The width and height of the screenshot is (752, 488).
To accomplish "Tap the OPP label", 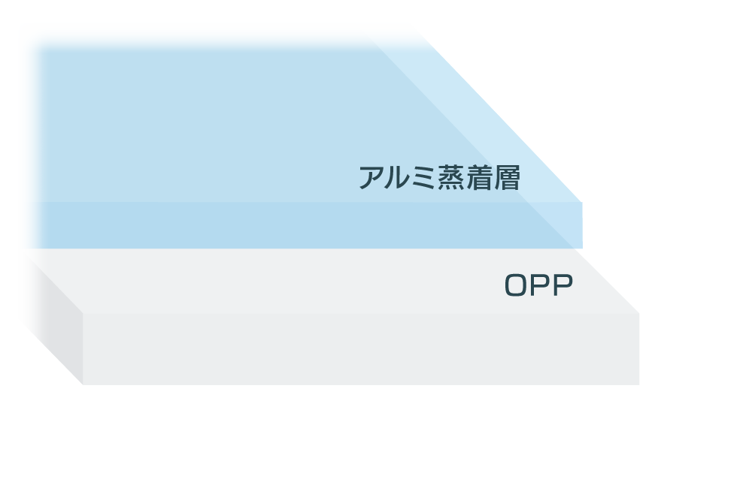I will coord(538,286).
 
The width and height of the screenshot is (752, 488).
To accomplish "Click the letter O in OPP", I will coord(516,286).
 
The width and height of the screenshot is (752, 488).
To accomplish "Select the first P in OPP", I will coord(539,286).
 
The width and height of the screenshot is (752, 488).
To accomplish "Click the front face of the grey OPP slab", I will coord(361,349).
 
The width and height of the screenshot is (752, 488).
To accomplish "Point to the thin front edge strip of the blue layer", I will coord(301,225).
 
